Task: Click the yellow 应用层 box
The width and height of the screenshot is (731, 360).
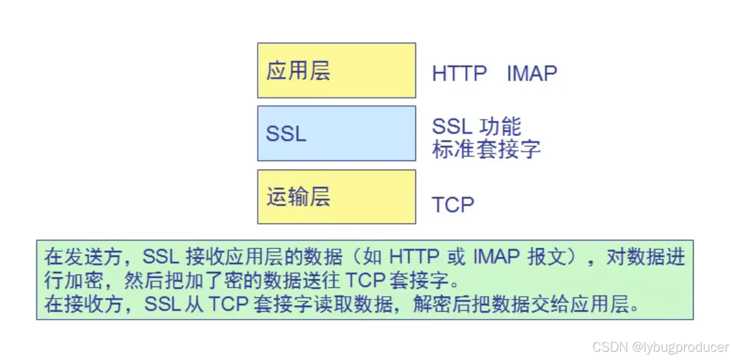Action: (x=336, y=70)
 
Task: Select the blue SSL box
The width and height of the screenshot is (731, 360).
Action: (x=336, y=133)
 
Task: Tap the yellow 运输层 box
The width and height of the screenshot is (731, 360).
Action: (x=336, y=197)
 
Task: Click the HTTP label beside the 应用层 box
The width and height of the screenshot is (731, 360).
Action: (x=459, y=74)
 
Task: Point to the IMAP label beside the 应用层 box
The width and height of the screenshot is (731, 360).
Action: (x=531, y=74)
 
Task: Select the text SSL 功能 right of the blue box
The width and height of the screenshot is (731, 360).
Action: (x=476, y=126)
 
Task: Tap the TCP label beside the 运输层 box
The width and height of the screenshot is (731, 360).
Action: (x=453, y=205)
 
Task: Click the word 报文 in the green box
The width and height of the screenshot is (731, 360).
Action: (x=547, y=257)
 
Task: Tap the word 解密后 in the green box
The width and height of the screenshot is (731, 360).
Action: (x=436, y=304)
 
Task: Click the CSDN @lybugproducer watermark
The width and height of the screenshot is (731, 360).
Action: (x=660, y=347)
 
